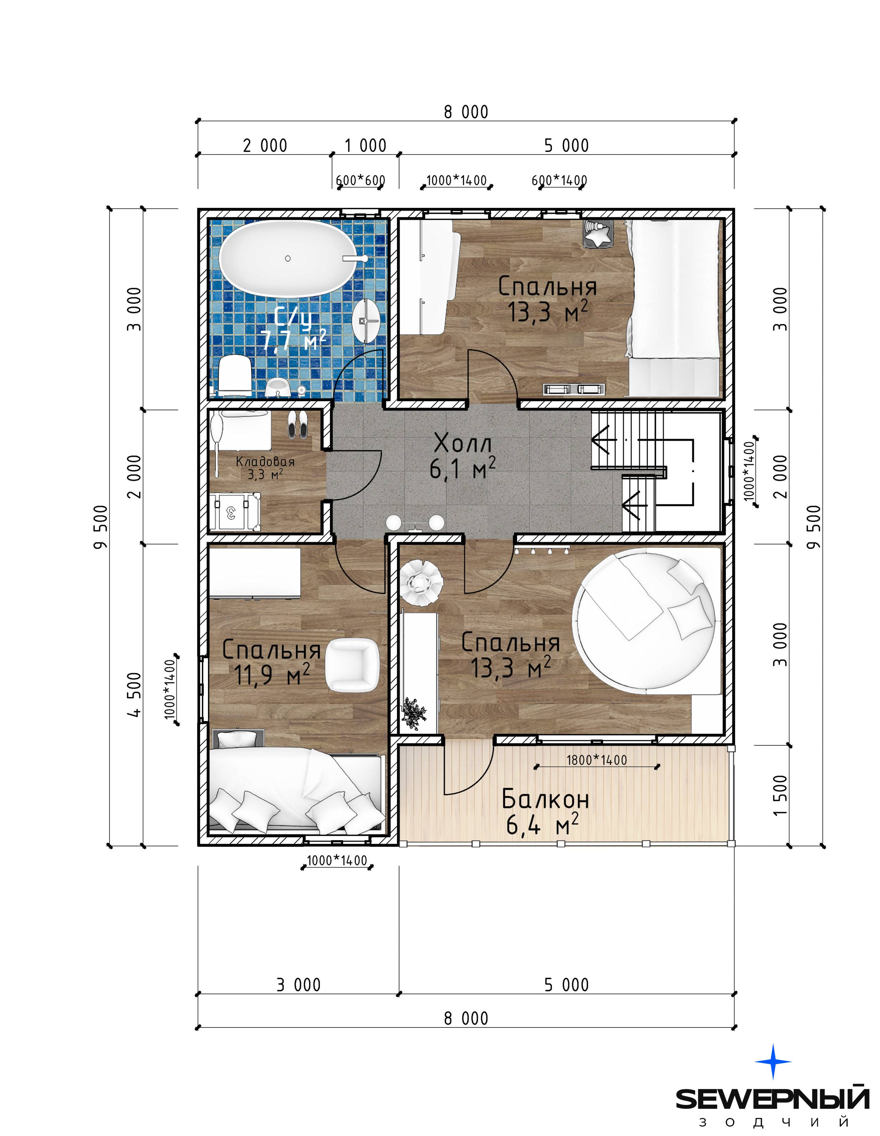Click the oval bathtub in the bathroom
(288, 258)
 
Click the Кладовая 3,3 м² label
(265, 467)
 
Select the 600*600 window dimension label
(360, 180)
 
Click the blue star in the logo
(773, 1061)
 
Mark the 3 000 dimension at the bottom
(298, 985)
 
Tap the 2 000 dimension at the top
(265, 145)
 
